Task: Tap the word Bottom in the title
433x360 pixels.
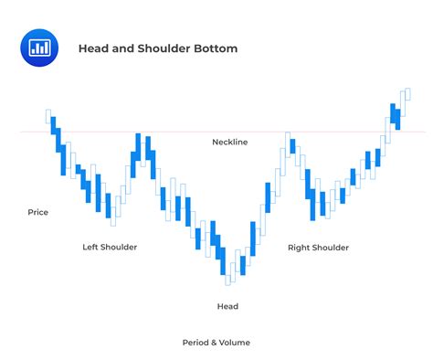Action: [x=217, y=48]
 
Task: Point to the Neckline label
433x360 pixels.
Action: [x=229, y=142]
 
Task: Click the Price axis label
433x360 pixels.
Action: [x=38, y=212]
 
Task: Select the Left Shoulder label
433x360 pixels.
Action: [x=110, y=247]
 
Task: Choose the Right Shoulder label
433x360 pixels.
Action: [x=318, y=247]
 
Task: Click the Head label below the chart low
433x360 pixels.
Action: [x=227, y=306]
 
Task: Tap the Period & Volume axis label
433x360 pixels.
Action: [x=216, y=342]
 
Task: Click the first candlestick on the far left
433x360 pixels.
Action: [x=48, y=116]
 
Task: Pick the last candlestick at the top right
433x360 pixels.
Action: [x=407, y=94]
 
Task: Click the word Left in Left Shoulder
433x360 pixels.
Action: [x=90, y=247]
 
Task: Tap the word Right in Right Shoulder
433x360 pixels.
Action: [x=299, y=247]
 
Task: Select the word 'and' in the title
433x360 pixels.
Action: [x=123, y=48]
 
